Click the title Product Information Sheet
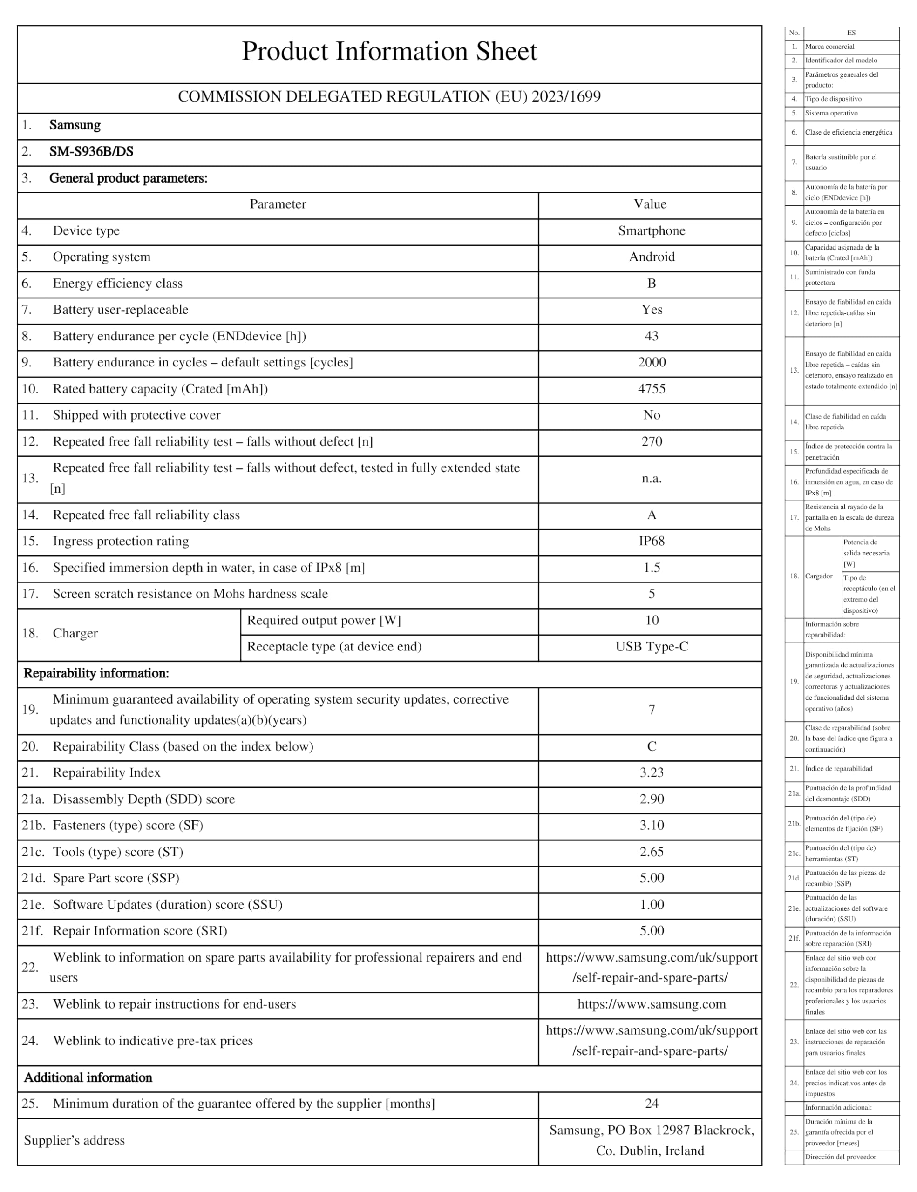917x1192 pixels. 389,51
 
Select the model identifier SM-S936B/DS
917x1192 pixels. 91,152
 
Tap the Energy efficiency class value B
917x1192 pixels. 651,283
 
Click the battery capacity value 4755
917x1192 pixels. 651,389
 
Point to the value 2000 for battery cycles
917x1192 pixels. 652,362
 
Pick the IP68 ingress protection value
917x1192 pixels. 652,541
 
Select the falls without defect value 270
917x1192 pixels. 652,441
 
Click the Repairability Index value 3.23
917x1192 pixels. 652,772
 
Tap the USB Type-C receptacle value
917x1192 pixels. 652,646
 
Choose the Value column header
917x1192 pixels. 650,204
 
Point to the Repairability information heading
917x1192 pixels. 96,673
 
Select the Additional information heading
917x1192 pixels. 88,1077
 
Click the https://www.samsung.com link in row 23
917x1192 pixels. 652,1004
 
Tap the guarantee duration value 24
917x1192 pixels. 652,1104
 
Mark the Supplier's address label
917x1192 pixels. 74,1140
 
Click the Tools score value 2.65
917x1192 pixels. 652,852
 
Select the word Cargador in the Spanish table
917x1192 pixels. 819,576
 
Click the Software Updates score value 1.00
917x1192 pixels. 652,904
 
